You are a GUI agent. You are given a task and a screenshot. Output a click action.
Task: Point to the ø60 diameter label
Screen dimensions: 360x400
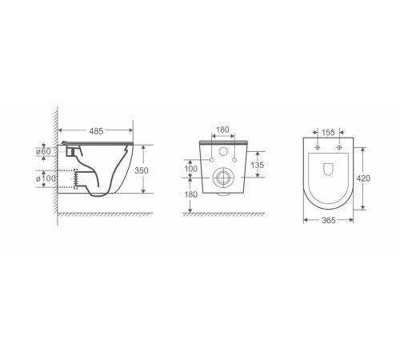point(46,151)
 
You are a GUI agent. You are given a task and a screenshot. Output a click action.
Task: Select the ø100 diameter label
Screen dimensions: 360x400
point(46,178)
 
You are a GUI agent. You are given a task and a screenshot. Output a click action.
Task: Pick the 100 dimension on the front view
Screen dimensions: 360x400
point(190,169)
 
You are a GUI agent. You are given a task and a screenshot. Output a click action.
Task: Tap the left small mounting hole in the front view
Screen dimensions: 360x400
point(211,161)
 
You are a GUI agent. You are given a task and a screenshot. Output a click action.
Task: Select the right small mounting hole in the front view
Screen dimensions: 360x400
point(235,161)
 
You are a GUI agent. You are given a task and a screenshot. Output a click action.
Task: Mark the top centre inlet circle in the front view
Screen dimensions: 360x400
point(223,154)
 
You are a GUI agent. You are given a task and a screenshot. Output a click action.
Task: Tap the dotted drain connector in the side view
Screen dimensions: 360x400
point(78,180)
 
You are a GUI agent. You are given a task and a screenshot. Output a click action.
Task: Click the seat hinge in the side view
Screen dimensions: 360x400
point(74,147)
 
